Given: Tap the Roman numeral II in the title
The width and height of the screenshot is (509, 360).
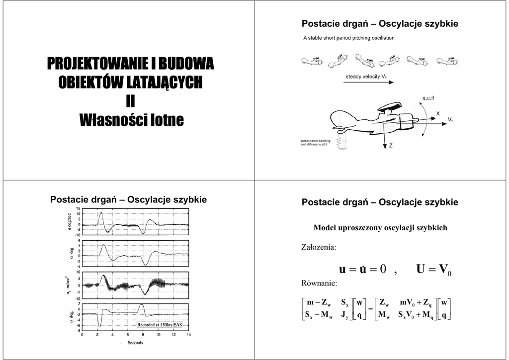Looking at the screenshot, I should point(130,101).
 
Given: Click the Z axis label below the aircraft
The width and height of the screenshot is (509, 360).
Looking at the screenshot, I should point(391,146).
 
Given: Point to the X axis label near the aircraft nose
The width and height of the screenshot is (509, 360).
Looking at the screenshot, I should point(438,113).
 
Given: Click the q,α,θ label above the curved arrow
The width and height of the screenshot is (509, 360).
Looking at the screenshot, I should point(428,97).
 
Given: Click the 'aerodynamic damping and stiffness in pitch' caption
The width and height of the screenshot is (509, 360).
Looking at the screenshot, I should point(315,143).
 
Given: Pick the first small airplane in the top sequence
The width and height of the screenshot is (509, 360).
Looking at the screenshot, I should point(312,62).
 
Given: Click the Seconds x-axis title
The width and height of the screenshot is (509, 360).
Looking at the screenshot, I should point(135,343).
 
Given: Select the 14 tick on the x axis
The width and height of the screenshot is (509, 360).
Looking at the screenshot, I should point(188,335).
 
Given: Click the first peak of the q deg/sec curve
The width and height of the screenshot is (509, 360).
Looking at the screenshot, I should point(101,213).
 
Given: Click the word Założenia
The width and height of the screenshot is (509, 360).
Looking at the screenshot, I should point(319,247).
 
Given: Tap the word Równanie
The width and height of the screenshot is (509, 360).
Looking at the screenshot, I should point(319,283).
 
